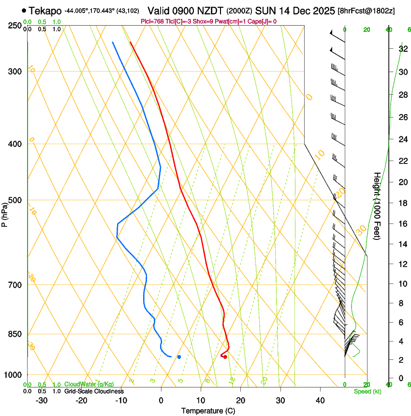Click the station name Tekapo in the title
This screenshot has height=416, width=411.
(45, 10)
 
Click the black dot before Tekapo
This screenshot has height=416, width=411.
(24, 10)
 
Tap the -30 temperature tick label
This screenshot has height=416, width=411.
(42, 401)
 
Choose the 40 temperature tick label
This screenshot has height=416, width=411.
(320, 401)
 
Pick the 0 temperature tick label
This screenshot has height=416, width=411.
(161, 401)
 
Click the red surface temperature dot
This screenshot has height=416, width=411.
(225, 357)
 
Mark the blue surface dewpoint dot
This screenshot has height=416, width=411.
(179, 357)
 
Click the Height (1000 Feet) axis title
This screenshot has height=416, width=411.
(377, 206)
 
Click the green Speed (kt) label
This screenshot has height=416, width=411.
(367, 391)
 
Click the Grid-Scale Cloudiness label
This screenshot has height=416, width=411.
(94, 391)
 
